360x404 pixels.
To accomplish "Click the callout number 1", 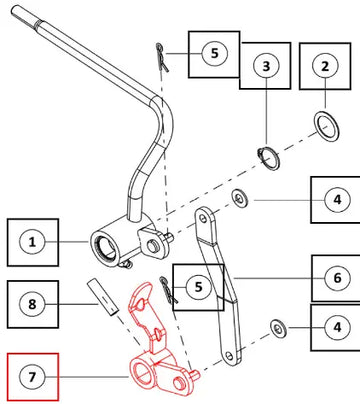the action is click(x=32, y=242).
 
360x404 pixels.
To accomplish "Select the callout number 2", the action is click(x=325, y=66).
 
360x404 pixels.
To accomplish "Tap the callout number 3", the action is click(x=266, y=66).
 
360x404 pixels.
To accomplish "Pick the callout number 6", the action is click(x=337, y=278).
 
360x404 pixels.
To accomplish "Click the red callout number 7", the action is click(x=32, y=377).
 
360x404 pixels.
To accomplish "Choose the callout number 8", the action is click(x=32, y=304).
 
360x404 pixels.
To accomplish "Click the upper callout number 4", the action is click(x=337, y=200).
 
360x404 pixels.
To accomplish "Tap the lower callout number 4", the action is click(x=337, y=327).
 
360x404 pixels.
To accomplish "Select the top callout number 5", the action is click(x=215, y=53).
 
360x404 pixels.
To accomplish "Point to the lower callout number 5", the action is click(x=198, y=287).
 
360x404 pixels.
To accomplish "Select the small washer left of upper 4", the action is click(x=240, y=199).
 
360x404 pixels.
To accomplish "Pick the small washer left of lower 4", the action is click(x=278, y=329).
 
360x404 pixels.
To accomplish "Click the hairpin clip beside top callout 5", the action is click(x=162, y=57).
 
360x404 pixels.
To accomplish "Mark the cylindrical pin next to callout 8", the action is click(x=103, y=297).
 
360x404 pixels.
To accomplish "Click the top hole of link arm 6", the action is click(x=203, y=218).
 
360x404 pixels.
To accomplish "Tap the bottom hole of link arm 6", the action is click(x=229, y=356).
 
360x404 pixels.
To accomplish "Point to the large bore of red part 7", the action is click(x=143, y=372).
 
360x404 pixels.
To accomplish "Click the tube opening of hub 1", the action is click(x=105, y=248).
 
